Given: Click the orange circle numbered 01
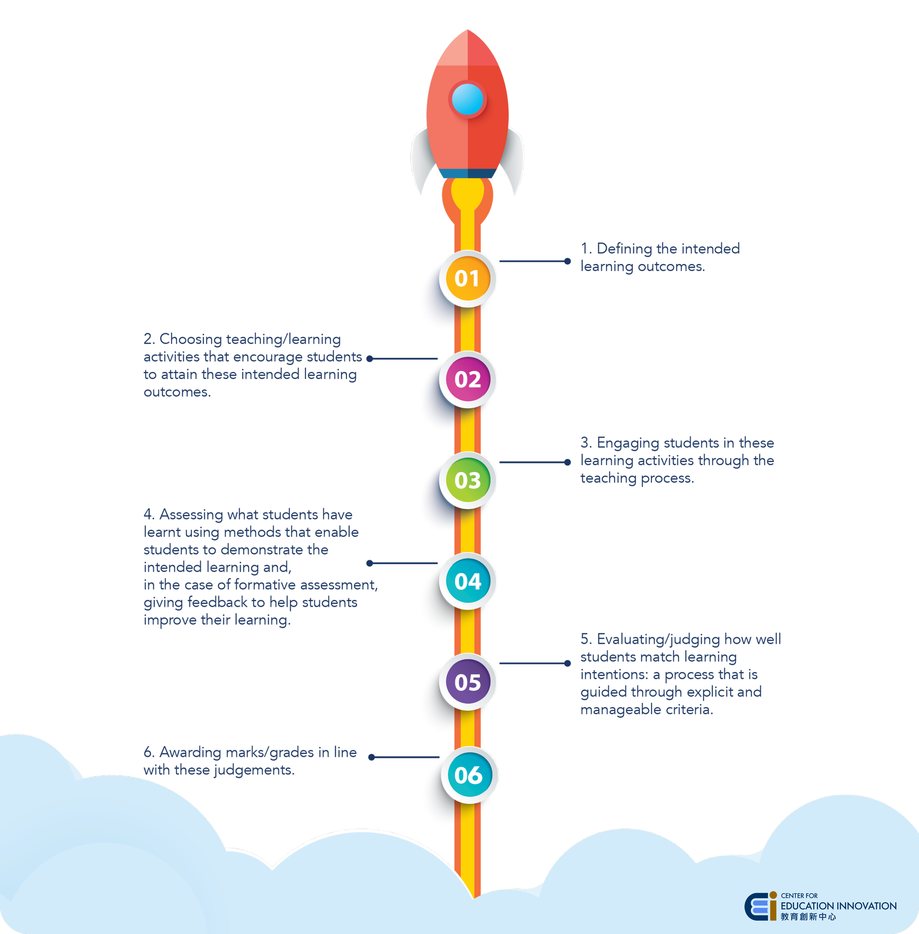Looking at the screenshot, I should pos(467,278).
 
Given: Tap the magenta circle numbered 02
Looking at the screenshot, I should pos(467,380).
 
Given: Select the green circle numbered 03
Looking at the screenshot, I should pos(467,480).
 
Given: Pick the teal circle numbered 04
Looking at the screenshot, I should pos(467,581).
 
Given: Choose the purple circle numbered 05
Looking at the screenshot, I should pos(467,682).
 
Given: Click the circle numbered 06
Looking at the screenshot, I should pos(468,775).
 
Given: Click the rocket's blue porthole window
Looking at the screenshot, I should pos(467,100).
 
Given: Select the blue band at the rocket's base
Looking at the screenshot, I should pos(467,173).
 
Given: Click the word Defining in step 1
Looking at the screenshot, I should pos(625,249).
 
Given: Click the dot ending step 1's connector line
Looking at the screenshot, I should pos(567,261).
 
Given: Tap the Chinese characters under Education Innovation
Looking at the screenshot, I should pos(808,917).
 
